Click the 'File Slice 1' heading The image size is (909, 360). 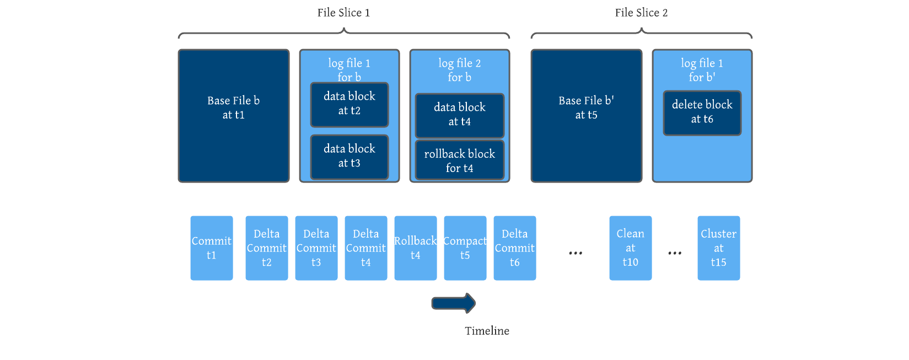(x=343, y=13)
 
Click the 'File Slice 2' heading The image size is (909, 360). (x=641, y=13)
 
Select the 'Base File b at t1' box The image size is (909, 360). (x=233, y=116)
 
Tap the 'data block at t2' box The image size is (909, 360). (x=349, y=104)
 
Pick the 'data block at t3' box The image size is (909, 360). (x=349, y=157)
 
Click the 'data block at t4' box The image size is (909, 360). (x=459, y=115)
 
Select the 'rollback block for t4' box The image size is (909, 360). (x=459, y=160)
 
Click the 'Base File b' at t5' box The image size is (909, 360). (x=586, y=116)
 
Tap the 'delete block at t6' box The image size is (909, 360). (x=702, y=112)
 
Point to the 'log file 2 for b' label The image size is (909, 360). (x=459, y=70)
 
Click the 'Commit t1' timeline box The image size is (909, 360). (x=211, y=248)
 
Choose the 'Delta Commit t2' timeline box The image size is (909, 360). (x=266, y=248)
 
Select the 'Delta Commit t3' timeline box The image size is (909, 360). (x=316, y=248)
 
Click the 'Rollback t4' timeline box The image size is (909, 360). (x=415, y=248)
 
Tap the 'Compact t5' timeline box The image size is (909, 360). (x=465, y=248)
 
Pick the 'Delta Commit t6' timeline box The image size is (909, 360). (x=514, y=248)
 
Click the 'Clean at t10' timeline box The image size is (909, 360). (x=630, y=248)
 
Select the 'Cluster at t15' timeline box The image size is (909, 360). (x=718, y=248)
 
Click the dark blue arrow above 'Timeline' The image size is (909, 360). (x=453, y=303)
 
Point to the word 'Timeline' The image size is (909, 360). (x=487, y=331)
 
